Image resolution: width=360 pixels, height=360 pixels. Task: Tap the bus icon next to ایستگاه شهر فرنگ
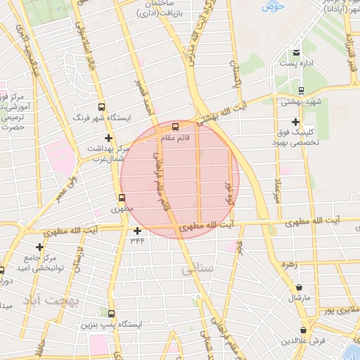coord(102,108)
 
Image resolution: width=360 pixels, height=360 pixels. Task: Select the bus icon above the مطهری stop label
coord(122,198)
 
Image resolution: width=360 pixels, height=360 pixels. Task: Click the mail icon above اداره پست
coord(297,53)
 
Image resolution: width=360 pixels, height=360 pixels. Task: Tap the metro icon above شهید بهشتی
coord(301,90)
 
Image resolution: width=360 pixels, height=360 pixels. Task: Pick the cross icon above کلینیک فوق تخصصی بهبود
coord(295,121)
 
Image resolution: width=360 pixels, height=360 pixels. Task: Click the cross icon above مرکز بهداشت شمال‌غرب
coord(108,138)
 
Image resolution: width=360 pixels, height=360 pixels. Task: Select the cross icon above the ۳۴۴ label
coord(137,230)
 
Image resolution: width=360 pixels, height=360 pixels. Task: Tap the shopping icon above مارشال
coord(300,287)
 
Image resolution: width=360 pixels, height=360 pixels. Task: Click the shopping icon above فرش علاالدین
coord(303,330)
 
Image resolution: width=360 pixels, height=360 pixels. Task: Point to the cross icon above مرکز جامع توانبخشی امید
coord(40,247)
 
